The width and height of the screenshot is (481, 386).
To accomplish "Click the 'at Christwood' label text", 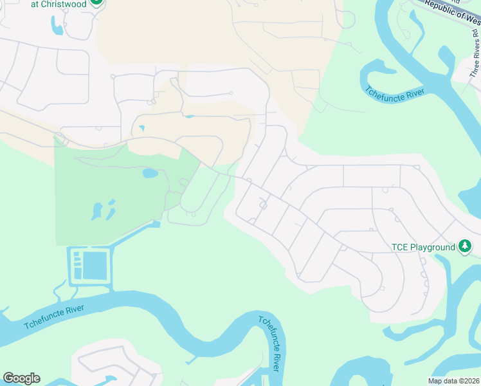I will pyautogui.click(x=58, y=3).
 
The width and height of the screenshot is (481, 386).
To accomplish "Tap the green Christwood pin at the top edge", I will pyautogui.click(x=96, y=2).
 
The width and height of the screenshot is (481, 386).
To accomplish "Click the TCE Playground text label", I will pyautogui.click(x=423, y=247).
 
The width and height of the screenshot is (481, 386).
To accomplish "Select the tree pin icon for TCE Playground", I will pyautogui.click(x=465, y=246).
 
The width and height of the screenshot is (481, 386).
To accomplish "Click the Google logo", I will pyautogui.click(x=21, y=378).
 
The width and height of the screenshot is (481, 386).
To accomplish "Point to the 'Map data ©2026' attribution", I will pyautogui.click(x=455, y=381).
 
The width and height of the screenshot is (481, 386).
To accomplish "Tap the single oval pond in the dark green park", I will pyautogui.click(x=150, y=174).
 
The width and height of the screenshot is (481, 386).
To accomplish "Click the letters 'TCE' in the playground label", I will pyautogui.click(x=401, y=247).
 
